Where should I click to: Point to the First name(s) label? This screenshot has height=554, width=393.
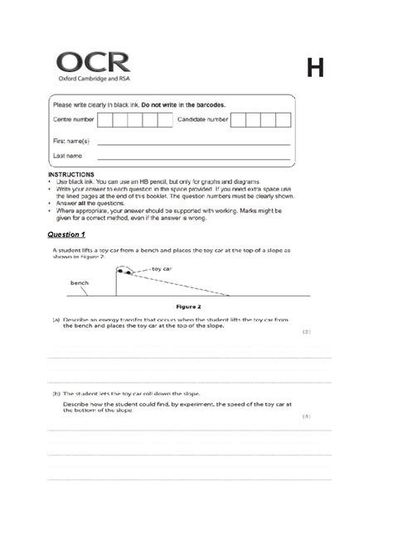71,142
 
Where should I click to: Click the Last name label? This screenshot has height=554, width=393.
67,156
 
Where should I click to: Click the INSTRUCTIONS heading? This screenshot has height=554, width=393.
73,175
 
